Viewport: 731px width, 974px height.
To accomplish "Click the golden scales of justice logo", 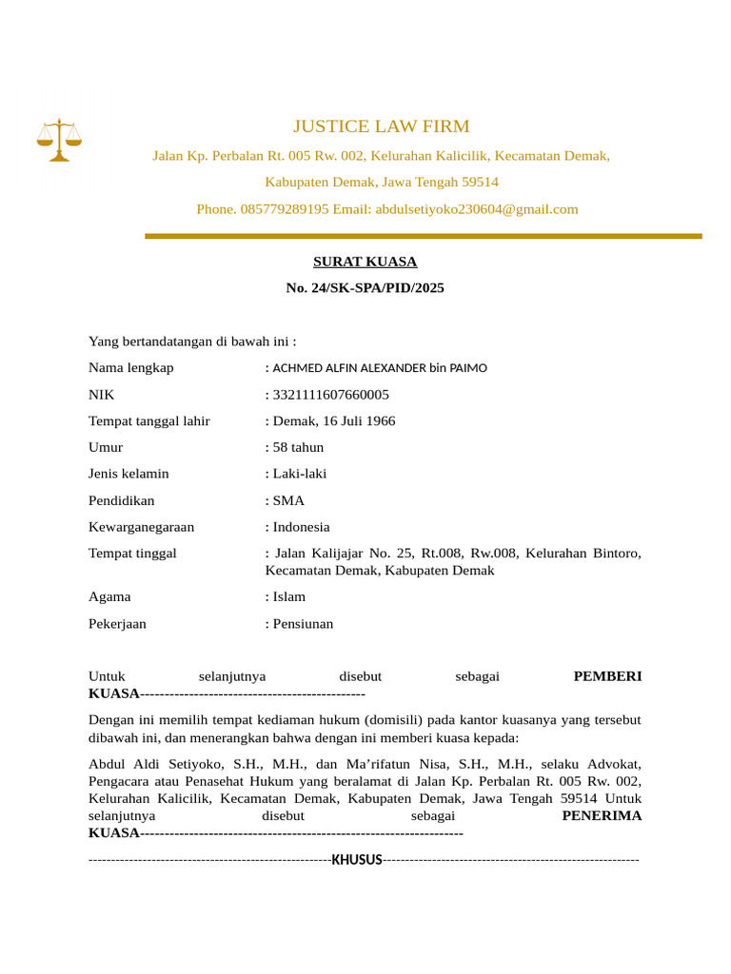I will tap(59, 140).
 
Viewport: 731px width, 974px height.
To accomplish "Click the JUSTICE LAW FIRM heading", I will tap(381, 127).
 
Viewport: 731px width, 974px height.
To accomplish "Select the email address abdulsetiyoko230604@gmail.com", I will tap(476, 209).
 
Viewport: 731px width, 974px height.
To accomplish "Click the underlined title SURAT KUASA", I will tap(365, 262).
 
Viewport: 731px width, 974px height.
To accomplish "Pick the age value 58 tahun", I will tap(298, 447).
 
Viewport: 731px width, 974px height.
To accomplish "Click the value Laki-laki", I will tap(300, 474).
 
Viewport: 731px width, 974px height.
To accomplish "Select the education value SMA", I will tap(288, 500).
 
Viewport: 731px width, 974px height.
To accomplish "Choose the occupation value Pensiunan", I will tap(303, 624).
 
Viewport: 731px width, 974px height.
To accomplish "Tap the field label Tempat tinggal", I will tap(132, 554).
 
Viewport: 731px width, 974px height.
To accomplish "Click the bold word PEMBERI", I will tap(607, 676).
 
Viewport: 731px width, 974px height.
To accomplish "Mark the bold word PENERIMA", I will tap(602, 816).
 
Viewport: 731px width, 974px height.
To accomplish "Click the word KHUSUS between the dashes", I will tap(357, 860).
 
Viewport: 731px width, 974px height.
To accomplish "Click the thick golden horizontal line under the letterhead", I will tap(424, 236).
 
